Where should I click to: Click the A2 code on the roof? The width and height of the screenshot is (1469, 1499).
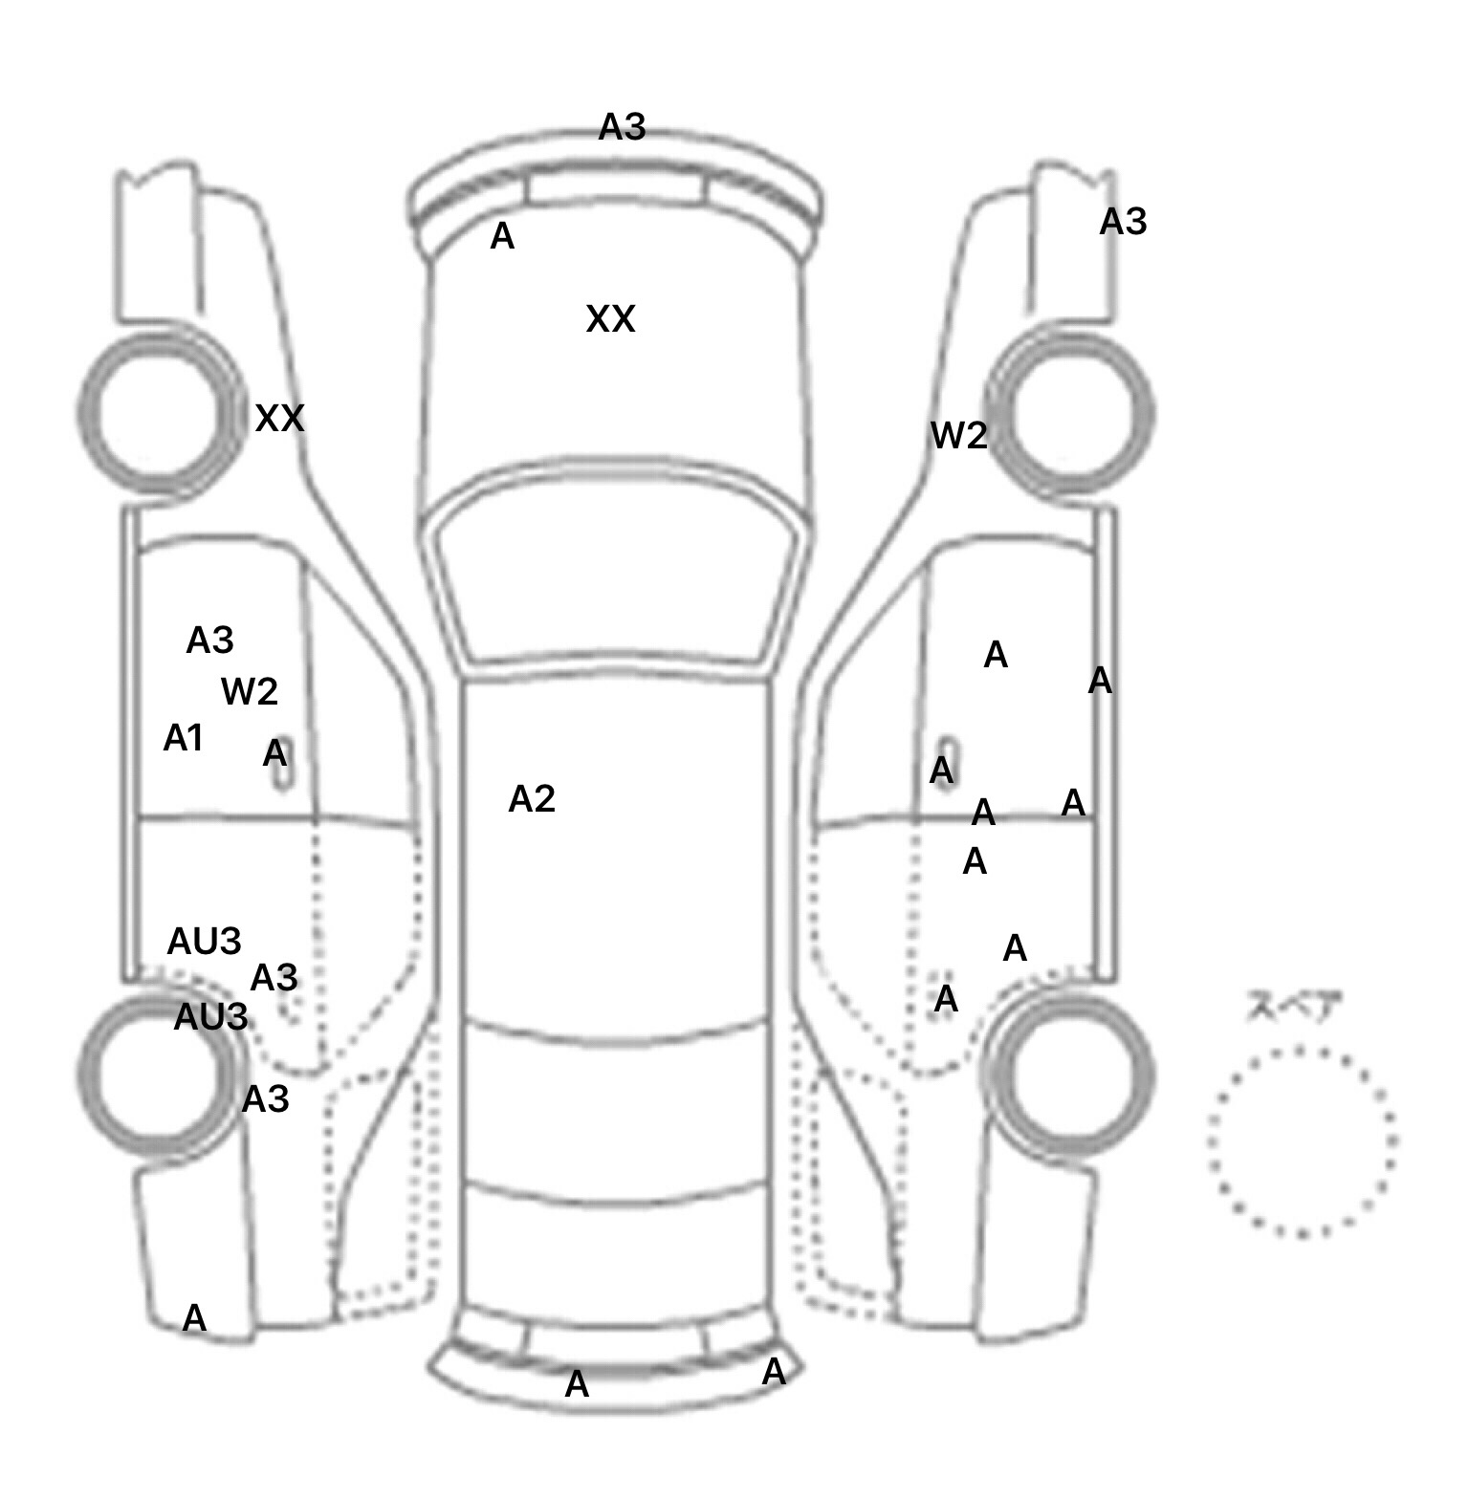(532, 799)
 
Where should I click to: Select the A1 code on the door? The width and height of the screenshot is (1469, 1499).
(184, 738)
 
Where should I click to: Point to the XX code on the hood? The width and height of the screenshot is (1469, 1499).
(610, 319)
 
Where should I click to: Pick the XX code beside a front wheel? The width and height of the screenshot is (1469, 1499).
(279, 418)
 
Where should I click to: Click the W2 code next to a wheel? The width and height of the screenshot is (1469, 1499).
(958, 436)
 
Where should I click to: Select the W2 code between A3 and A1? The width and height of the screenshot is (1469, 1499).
(250, 691)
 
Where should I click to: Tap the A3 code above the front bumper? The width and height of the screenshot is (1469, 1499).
(623, 126)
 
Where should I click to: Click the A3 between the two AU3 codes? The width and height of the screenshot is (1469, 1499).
(274, 978)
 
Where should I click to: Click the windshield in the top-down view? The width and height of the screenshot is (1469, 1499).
(617, 574)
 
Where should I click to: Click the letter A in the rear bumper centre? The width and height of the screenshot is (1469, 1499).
(577, 1384)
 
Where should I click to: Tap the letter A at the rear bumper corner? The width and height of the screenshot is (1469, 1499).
(774, 1373)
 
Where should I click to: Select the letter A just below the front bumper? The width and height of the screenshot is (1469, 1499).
(502, 236)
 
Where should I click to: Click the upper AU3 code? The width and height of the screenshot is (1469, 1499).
(204, 942)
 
